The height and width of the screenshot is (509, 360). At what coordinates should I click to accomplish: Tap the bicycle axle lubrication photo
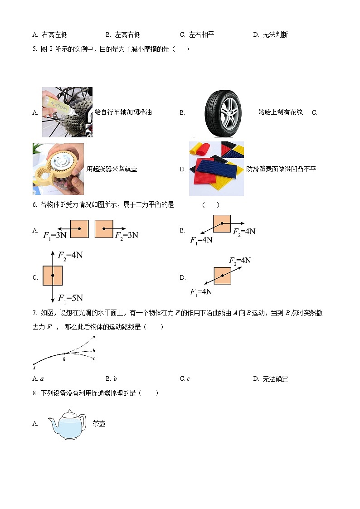67,112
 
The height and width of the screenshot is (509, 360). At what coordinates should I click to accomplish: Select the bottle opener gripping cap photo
58,169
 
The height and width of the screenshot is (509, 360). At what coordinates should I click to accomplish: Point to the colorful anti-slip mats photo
216,169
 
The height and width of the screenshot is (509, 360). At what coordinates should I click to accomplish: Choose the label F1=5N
70,297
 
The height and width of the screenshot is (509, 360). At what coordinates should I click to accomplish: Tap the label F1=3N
55,235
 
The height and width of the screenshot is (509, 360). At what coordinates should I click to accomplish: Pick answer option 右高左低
54,35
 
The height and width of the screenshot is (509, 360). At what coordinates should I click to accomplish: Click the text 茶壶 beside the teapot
99,424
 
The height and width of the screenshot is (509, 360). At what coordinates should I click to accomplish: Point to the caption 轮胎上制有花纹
280,112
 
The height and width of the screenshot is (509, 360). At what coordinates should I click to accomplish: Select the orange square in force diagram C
53,275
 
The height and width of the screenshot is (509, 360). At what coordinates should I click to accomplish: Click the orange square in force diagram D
223,275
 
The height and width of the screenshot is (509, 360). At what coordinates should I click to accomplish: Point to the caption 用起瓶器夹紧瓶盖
112,169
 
